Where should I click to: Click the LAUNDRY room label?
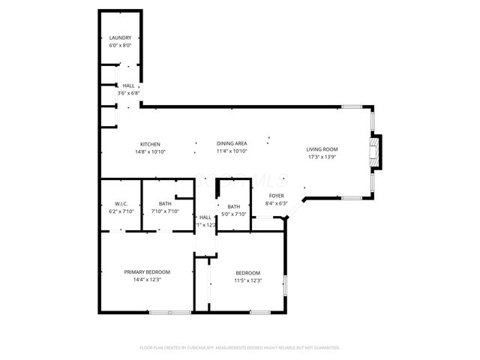[120, 38]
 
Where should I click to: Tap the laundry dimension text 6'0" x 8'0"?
[120, 46]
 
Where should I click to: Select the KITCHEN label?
[150, 144]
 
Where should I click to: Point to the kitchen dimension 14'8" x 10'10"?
[150, 151]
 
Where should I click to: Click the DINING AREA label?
[232, 143]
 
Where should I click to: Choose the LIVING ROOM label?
[322, 149]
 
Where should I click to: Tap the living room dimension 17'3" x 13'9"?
[322, 157]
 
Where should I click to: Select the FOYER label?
[277, 196]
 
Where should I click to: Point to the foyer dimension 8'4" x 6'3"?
[277, 203]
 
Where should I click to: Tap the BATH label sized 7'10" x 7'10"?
[165, 204]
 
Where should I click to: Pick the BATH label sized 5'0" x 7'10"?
[234, 206]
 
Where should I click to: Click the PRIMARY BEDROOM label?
[147, 271]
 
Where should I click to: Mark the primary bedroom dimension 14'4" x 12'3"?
[147, 279]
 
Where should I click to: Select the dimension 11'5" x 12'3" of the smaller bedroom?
[247, 280]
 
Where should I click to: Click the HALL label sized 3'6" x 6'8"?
[129, 86]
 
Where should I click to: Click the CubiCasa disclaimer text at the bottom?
[240, 347]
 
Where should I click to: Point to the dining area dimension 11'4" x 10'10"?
[232, 151]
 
